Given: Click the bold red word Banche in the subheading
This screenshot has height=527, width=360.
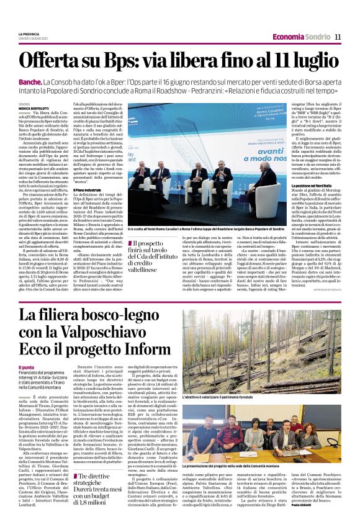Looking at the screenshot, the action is [x=30, y=82].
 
